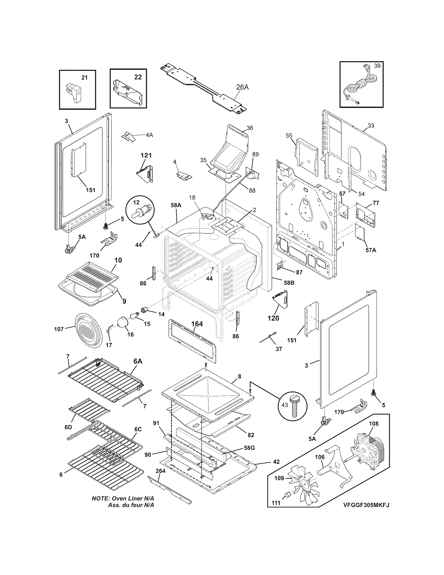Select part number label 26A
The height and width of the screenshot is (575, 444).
tap(242, 87)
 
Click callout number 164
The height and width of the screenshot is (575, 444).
tap(197, 324)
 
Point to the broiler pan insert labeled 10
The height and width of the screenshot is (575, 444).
tap(92, 276)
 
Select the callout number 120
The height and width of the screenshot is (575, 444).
tap(273, 318)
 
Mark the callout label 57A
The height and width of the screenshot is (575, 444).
tap(371, 250)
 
